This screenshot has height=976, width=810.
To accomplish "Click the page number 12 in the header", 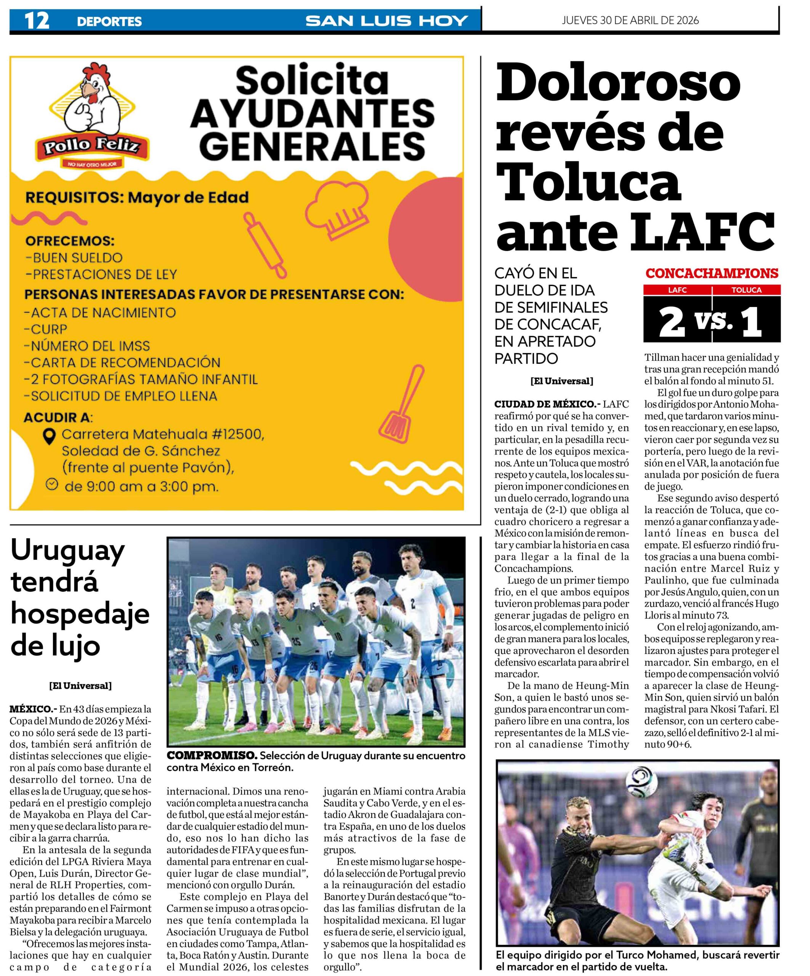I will click(x=37, y=21).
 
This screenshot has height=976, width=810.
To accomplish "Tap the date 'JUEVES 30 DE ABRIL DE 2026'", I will click(x=630, y=21).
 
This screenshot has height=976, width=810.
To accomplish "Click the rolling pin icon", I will click(x=265, y=244).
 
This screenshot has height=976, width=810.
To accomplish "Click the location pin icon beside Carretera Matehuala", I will click(x=49, y=435).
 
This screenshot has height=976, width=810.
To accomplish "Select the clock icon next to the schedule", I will click(x=52, y=484).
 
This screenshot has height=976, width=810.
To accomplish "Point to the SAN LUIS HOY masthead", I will click(x=386, y=21).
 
